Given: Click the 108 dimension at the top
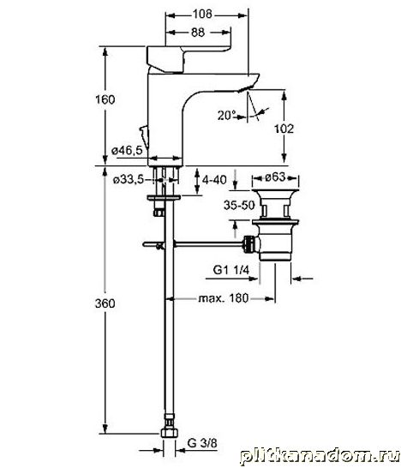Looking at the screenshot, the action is tap(202, 14).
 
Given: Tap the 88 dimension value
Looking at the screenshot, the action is tap(198, 33).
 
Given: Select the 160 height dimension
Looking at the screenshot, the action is tap(105, 99).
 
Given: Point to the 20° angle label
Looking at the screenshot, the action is tap(226, 116).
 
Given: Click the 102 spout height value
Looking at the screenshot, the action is tap(284, 129).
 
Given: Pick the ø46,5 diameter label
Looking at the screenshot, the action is tap(127, 151).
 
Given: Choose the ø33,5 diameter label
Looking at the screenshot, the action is tap(129, 180).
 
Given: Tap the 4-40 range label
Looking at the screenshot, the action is tap(214, 180).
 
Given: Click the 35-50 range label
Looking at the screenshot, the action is tap(239, 205).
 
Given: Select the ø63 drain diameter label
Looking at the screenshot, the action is tap(275, 177).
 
